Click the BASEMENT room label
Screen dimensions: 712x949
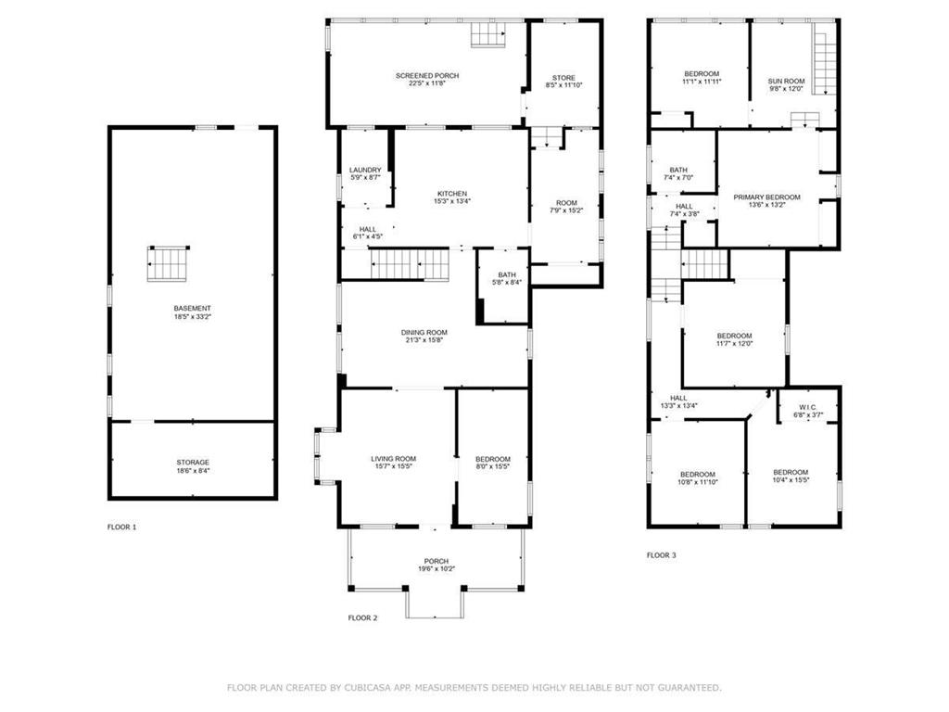tap(192, 309)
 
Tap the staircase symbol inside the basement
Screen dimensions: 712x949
tap(168, 263)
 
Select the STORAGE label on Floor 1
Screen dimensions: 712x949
tap(193, 463)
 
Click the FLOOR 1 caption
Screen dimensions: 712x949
tap(121, 528)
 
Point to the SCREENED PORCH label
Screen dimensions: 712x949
tap(427, 76)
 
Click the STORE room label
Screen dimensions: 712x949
tap(563, 78)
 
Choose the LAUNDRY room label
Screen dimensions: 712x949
tap(365, 170)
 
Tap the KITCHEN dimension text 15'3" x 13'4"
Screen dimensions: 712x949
tap(452, 201)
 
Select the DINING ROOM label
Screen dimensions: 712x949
tap(424, 333)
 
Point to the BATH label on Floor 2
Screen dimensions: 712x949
tap(506, 274)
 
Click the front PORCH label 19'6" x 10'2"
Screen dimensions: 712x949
tap(437, 568)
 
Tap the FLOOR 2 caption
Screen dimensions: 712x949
tap(362, 617)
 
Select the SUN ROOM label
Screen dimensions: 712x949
tap(786, 82)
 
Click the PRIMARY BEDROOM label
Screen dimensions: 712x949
tap(766, 197)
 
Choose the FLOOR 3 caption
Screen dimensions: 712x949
tap(661, 555)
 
